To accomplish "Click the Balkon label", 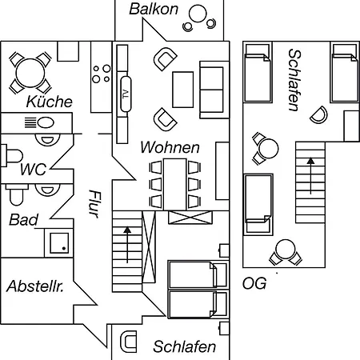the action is click(x=154, y=9).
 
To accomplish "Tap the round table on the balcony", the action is click(x=198, y=14).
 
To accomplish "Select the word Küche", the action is click(x=50, y=102).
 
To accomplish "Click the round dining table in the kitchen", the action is click(x=30, y=73).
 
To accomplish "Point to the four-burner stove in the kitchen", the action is click(x=101, y=74).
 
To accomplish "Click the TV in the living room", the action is click(x=126, y=94).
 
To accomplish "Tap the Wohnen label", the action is click(x=170, y=147).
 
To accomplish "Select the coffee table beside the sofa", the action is click(x=182, y=90).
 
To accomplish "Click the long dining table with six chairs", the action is click(x=174, y=184).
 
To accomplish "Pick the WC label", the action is click(x=34, y=169).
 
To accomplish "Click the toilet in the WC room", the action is click(x=12, y=156).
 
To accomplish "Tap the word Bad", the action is click(x=23, y=220).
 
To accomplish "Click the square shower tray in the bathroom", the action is click(x=59, y=243).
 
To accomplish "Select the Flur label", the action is click(x=94, y=204).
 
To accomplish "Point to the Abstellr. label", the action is click(x=35, y=286).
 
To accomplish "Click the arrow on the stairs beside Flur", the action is click(x=127, y=245).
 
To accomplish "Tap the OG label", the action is click(x=254, y=283).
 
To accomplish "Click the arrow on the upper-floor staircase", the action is click(x=310, y=176).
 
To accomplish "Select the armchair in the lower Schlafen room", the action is click(x=129, y=342).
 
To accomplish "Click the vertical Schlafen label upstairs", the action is click(x=294, y=80).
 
